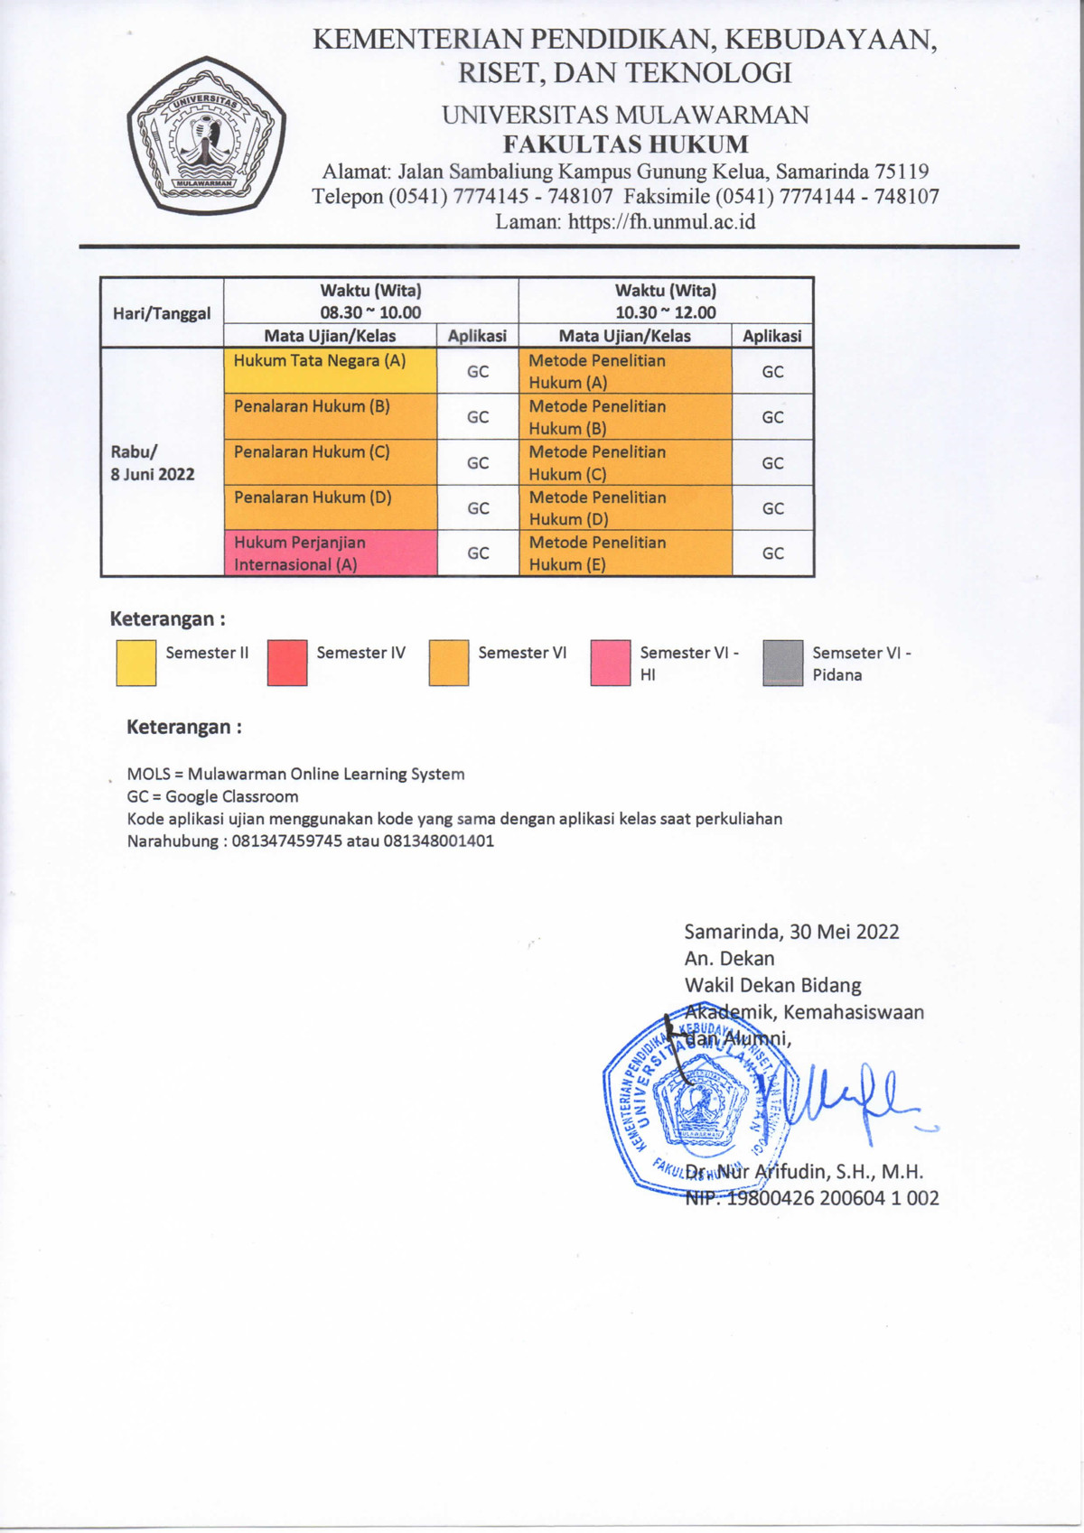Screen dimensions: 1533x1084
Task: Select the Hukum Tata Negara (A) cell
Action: pyautogui.click(x=331, y=371)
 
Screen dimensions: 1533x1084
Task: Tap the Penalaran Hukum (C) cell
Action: pyautogui.click(x=331, y=462)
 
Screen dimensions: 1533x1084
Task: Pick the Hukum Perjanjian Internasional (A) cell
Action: pyautogui.click(x=331, y=553)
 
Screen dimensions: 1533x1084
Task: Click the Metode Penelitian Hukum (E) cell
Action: pyautogui.click(x=625, y=553)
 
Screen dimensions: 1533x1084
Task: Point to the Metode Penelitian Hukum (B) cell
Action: pyautogui.click(x=625, y=417)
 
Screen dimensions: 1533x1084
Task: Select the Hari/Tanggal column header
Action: pyautogui.click(x=162, y=313)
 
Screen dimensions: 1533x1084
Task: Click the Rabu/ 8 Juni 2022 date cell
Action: pyautogui.click(x=154, y=463)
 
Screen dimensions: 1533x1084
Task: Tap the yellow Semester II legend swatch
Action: pyautogui.click(x=136, y=663)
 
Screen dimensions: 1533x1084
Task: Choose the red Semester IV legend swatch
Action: pyautogui.click(x=287, y=663)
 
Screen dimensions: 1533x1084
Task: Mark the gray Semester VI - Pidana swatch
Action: pyautogui.click(x=782, y=663)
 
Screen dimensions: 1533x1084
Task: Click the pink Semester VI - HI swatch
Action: pyautogui.click(x=610, y=663)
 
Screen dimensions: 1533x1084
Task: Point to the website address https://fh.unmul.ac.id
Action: pyautogui.click(x=662, y=222)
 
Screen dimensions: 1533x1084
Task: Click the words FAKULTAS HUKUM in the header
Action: pyautogui.click(x=625, y=144)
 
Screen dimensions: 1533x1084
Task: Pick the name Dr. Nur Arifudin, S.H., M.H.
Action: pyautogui.click(x=804, y=1172)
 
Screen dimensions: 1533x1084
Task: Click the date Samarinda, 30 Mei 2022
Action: pyautogui.click(x=791, y=932)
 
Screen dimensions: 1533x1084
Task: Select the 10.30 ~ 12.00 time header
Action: pyautogui.click(x=666, y=312)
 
